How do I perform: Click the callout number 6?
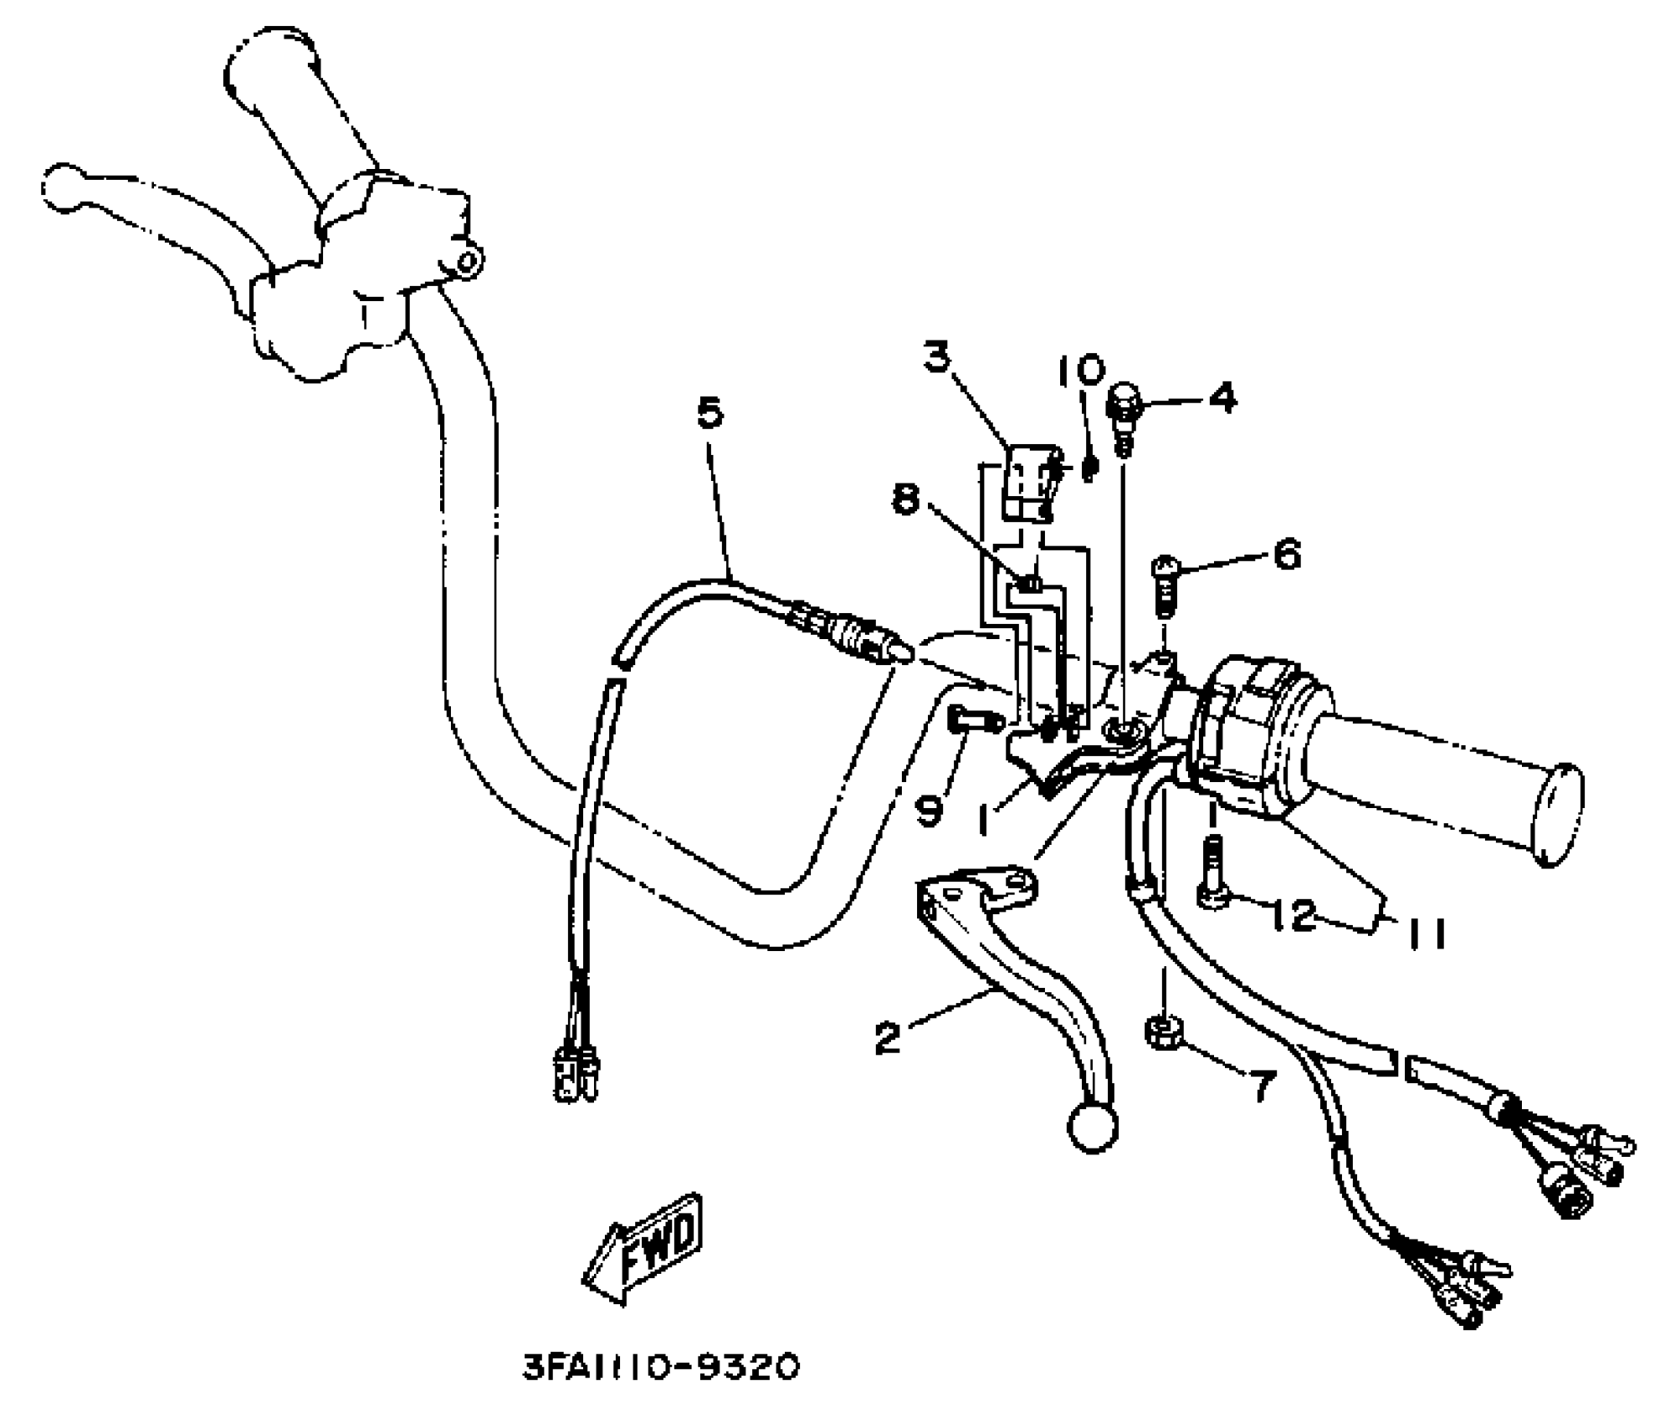1286,554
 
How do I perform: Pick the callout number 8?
904,501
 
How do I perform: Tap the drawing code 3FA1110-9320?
661,1368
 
